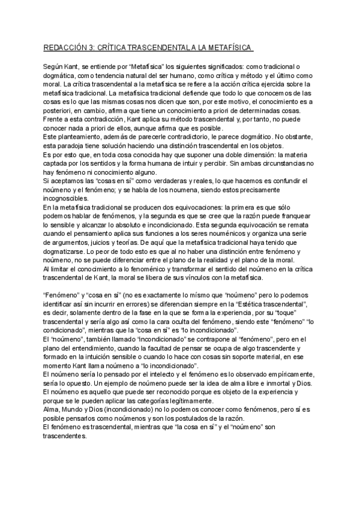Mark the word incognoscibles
[x=68, y=200]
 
